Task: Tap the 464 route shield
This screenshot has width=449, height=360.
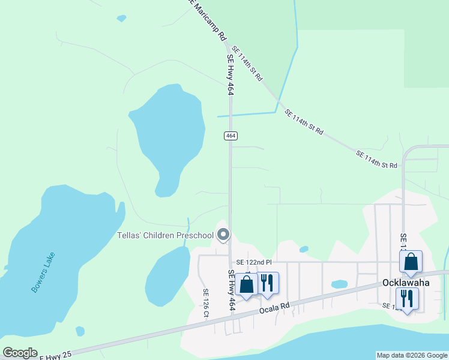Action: [231, 136]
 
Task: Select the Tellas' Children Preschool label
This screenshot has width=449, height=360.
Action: [165, 235]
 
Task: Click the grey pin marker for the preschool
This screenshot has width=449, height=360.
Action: [223, 235]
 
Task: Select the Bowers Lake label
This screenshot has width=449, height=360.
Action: [43, 272]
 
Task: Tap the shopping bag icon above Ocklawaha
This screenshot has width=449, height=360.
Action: [411, 262]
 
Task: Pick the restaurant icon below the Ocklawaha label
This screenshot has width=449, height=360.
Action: [407, 298]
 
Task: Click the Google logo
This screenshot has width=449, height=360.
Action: [20, 353]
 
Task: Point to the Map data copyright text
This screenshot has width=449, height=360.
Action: [412, 355]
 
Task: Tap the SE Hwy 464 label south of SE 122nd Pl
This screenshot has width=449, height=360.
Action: [232, 290]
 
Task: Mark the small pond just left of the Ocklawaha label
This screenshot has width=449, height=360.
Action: [339, 284]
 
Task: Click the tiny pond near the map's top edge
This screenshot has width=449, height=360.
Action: [122, 19]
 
